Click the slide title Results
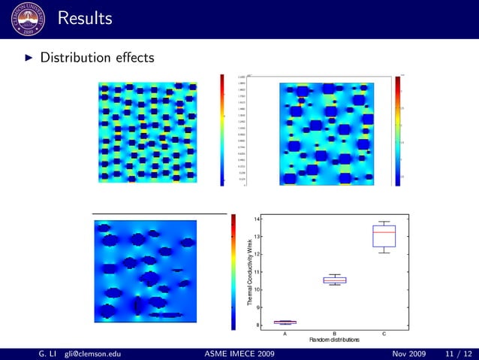tap(84, 17)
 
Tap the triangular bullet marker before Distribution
tap(28, 58)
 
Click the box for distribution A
tap(285, 322)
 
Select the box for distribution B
tap(335, 280)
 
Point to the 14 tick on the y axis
tap(257, 219)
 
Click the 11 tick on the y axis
tap(257, 272)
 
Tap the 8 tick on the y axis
tap(258, 325)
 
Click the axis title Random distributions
tap(334, 340)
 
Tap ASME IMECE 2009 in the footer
tap(239, 353)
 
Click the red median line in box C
tap(384, 232)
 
